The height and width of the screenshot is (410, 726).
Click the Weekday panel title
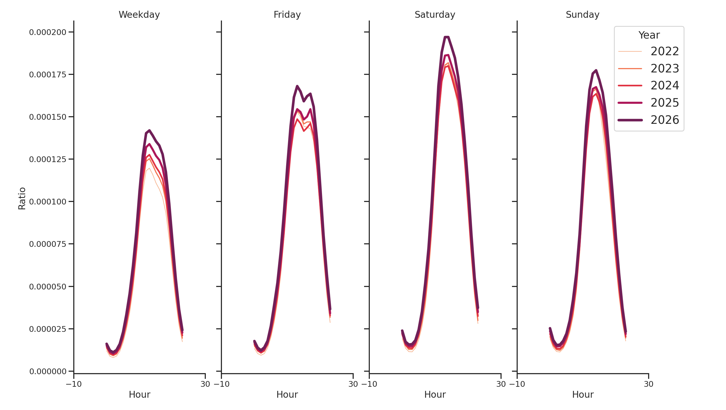point(139,15)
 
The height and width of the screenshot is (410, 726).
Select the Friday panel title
point(287,15)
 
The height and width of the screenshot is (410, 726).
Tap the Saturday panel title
point(435,15)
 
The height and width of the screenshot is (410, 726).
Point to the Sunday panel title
point(582,15)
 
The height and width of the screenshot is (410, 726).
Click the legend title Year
point(649,35)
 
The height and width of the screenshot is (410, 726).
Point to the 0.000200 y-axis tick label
point(48,33)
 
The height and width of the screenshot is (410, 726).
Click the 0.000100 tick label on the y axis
point(48,202)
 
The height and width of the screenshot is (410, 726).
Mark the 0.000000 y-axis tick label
point(48,371)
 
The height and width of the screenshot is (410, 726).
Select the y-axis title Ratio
point(22,198)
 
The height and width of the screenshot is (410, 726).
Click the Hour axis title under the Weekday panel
point(139,394)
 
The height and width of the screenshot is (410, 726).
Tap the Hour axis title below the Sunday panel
point(582,394)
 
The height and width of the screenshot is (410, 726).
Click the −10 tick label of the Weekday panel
point(74,384)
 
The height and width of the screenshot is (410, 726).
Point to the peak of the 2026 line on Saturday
point(446,37)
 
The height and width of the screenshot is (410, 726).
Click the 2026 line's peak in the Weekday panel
point(149,130)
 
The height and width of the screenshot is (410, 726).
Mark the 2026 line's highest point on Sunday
point(596,71)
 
